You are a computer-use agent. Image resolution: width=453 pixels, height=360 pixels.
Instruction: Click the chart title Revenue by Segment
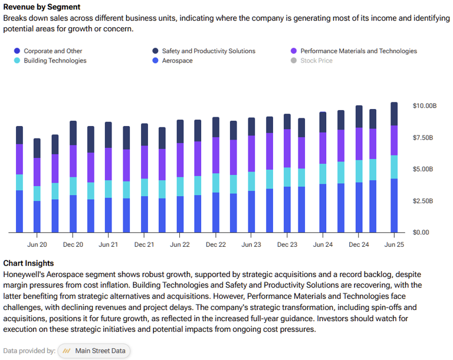[41, 7]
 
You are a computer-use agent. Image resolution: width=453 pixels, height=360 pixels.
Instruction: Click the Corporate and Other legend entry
[52, 51]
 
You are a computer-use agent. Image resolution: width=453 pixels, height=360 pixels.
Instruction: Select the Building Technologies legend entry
[55, 61]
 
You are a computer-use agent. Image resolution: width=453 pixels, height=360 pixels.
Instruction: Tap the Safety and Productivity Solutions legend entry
[208, 51]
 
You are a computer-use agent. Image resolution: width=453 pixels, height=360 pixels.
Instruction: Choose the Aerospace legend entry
[177, 61]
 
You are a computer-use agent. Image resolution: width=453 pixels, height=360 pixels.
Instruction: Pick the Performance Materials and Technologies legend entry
[358, 51]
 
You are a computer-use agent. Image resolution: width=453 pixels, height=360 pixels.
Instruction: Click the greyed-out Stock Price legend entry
[316, 61]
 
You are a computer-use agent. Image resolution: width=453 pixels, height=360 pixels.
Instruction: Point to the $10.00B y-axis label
[424, 106]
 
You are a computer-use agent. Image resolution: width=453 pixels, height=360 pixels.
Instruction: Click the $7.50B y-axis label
[424, 138]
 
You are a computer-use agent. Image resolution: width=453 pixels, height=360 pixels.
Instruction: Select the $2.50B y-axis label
[424, 201]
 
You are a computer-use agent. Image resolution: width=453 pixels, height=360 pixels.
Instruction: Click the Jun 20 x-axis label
[37, 244]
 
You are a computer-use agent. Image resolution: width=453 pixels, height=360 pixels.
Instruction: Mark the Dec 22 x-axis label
[215, 244]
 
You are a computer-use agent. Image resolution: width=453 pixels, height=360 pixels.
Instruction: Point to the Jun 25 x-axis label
[394, 244]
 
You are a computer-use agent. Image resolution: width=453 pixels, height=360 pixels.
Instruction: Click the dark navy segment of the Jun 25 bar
[394, 114]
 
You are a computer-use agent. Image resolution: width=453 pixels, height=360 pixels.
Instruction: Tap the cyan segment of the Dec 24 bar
[359, 171]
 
